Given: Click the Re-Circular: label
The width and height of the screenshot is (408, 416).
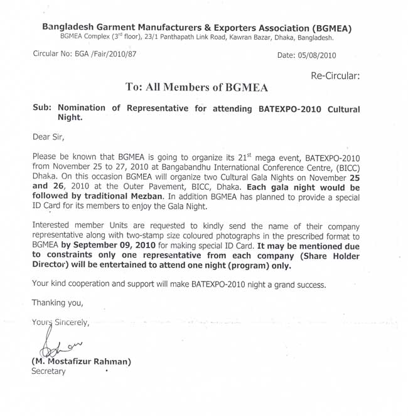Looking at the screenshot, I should (x=335, y=76).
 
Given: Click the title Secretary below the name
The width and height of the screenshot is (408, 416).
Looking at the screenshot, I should (x=48, y=371).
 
